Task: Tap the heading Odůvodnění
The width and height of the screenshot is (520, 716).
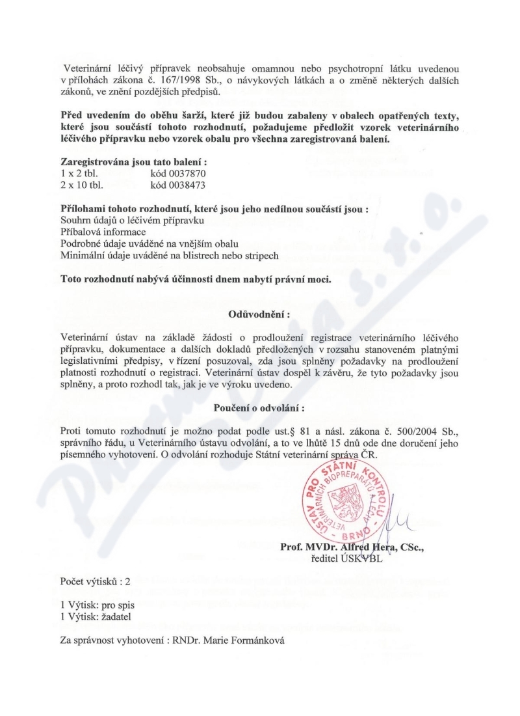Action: [259, 315]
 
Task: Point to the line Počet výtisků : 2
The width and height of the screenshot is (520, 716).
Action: [96, 580]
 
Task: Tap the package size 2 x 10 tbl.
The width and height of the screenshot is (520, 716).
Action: [81, 185]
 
